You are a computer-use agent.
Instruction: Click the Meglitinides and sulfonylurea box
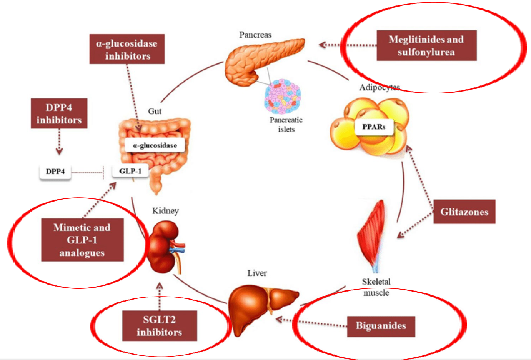coord(426,45)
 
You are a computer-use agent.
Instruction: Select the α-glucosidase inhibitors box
coord(127,49)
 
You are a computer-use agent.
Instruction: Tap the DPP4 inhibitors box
coord(59,113)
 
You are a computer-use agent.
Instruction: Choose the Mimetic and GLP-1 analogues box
coord(82,240)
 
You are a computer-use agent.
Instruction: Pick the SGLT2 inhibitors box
coord(160,326)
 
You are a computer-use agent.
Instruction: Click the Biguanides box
coord(381,326)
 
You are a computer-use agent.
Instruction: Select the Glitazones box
coord(464,212)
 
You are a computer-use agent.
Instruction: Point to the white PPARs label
coord(373,127)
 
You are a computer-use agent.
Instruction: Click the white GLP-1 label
coord(130,171)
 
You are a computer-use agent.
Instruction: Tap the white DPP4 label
coord(55,172)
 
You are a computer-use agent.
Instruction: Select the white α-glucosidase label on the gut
coord(155,145)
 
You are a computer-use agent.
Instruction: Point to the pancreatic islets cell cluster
coord(283,97)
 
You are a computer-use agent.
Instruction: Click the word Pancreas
coord(255,35)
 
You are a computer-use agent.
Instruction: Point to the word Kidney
coord(165,211)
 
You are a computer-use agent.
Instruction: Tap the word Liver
coord(257,273)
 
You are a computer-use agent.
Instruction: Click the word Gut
coord(155,111)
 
